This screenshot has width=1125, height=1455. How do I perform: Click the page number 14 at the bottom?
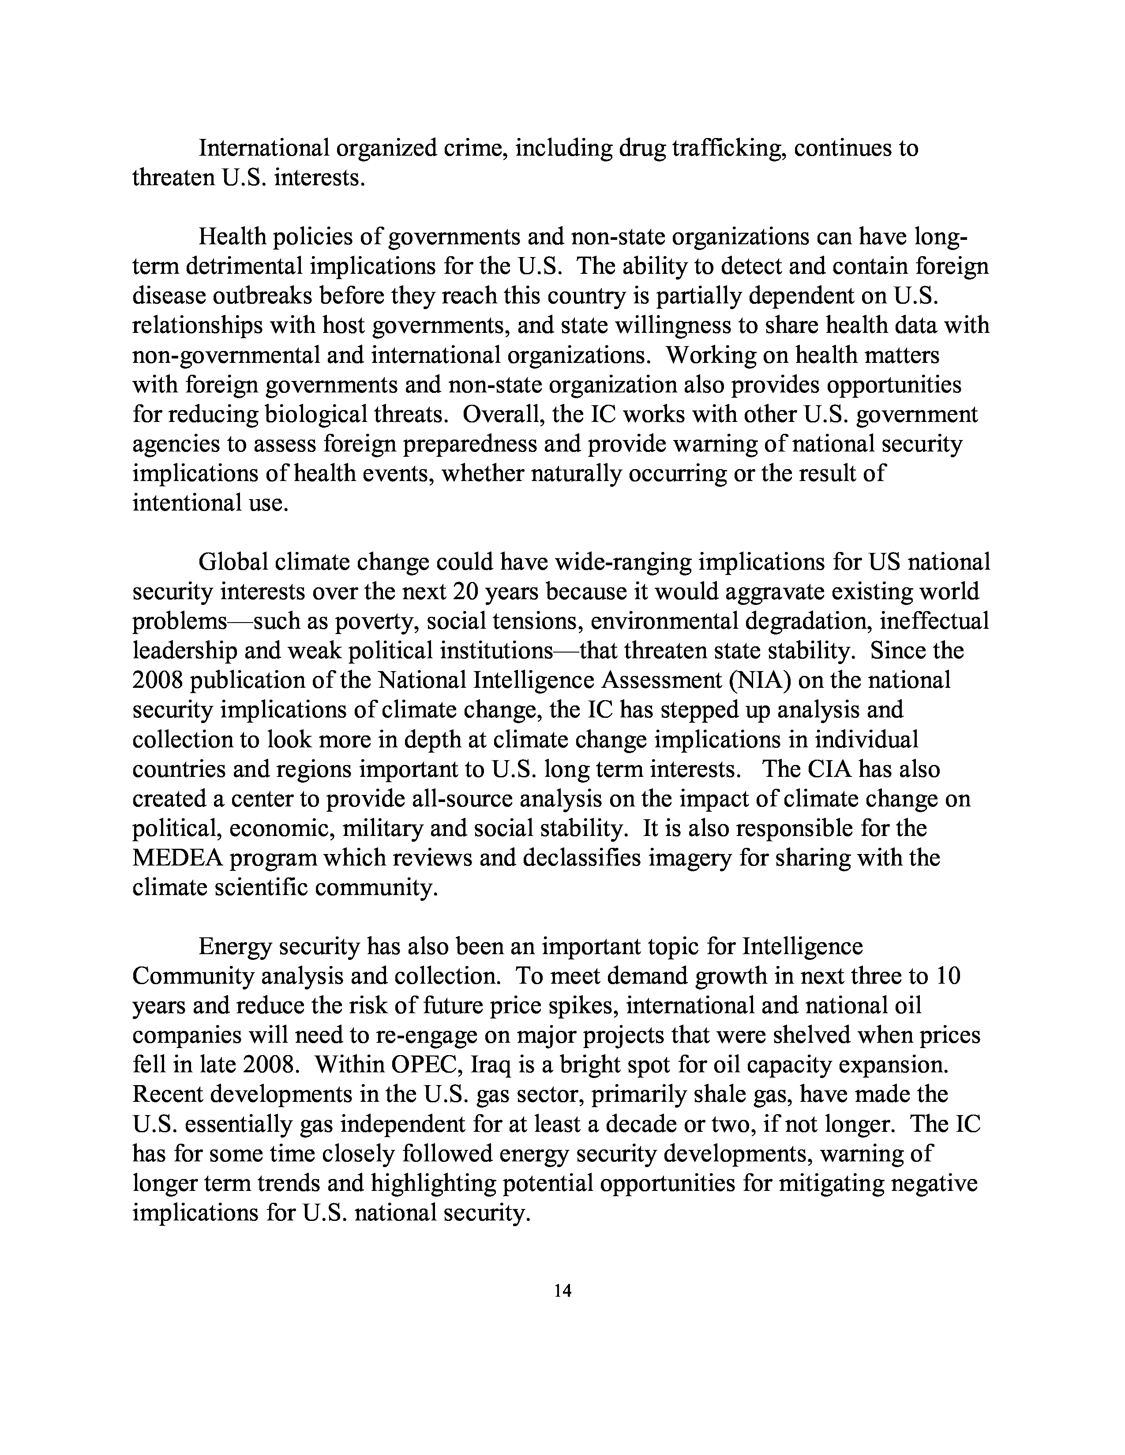(x=562, y=1291)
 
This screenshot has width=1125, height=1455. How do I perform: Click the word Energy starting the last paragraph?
(x=234, y=947)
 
